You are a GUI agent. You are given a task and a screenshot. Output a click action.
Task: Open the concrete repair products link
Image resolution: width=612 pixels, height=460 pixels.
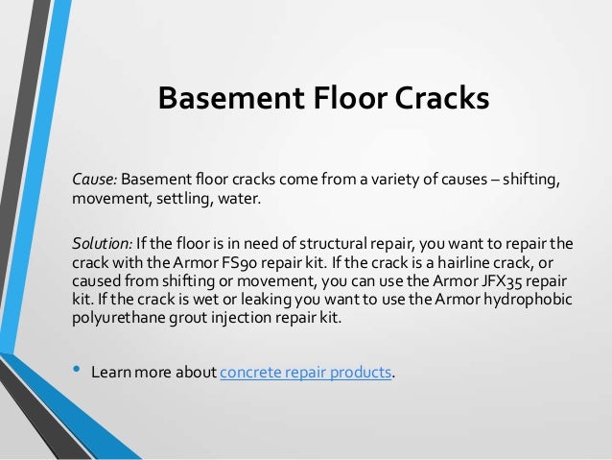point(306,373)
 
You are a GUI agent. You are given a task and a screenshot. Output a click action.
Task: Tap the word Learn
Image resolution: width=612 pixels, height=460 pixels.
point(109,373)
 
